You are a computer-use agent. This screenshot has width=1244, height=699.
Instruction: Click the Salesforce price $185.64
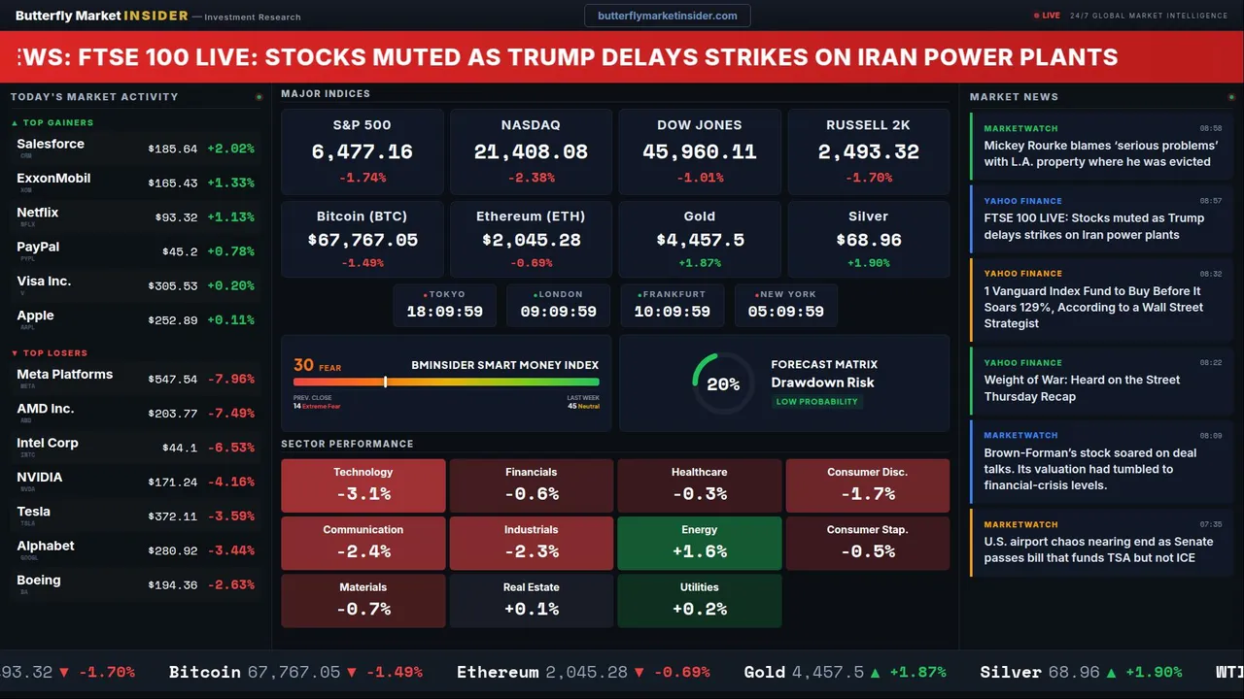tap(173, 150)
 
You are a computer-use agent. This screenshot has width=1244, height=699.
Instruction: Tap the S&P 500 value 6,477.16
tap(362, 152)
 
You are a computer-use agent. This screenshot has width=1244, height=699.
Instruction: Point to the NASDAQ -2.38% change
tap(531, 178)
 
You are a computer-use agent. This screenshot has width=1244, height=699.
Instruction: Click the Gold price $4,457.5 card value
tap(700, 240)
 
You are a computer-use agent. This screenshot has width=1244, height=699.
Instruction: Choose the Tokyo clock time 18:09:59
tap(444, 312)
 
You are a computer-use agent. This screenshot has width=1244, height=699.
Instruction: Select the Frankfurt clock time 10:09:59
tap(672, 312)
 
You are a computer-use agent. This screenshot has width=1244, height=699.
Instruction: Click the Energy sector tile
tap(699, 543)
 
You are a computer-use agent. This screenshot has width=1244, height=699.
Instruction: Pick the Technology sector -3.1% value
tap(363, 493)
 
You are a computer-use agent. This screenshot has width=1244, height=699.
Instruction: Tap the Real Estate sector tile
tap(531, 600)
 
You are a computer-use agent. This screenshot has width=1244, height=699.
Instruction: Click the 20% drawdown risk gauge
tap(723, 384)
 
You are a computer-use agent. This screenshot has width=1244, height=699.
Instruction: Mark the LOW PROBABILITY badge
tap(816, 402)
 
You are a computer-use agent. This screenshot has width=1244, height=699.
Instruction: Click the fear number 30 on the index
tap(303, 365)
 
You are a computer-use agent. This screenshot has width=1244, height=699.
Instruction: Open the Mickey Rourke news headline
tap(1100, 153)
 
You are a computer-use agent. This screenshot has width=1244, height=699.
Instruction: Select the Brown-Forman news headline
tap(1090, 469)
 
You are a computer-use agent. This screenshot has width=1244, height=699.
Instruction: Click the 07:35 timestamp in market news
tap(1211, 524)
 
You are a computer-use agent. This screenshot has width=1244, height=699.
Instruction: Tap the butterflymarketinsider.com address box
tap(667, 16)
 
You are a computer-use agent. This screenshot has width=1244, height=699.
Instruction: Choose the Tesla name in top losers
tap(34, 512)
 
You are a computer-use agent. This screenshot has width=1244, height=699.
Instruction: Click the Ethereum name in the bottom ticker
tap(498, 672)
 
